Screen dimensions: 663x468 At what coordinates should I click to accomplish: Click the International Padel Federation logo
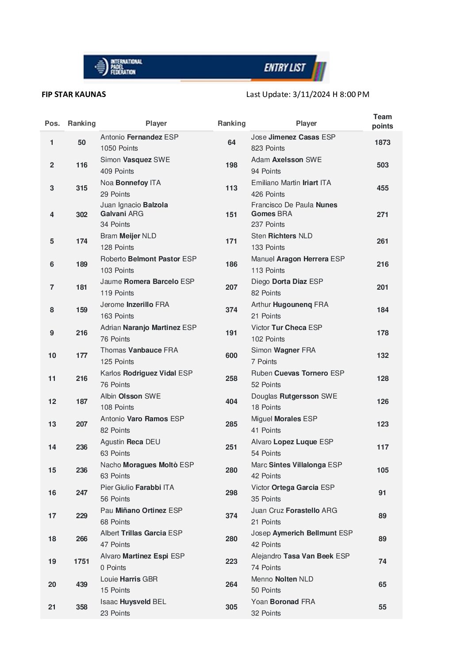(x=118, y=67)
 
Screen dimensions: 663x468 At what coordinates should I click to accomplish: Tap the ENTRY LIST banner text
(x=284, y=68)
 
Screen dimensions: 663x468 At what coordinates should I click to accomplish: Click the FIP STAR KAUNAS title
(x=74, y=94)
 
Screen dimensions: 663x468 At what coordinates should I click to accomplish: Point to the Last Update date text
(x=307, y=94)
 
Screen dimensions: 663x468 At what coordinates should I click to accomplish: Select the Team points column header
(x=382, y=121)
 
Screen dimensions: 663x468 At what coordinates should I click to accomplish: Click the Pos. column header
(x=52, y=124)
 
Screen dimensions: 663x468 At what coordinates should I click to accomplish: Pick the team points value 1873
(x=382, y=143)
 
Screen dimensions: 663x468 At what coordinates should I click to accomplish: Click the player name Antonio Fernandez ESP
(x=139, y=137)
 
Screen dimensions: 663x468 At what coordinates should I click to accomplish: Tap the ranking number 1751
(x=81, y=562)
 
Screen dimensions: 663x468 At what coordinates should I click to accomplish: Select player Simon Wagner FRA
(x=283, y=350)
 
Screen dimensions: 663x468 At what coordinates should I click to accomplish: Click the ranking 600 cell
(x=231, y=356)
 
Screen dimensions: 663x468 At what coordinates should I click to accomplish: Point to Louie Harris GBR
(x=129, y=579)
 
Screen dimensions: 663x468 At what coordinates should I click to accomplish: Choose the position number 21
(x=52, y=607)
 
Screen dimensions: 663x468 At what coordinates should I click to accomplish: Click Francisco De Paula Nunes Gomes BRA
(x=294, y=209)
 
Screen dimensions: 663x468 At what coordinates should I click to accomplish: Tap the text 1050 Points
(x=119, y=148)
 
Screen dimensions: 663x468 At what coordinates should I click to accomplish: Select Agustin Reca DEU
(x=130, y=442)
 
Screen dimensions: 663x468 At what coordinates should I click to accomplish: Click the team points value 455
(x=382, y=188)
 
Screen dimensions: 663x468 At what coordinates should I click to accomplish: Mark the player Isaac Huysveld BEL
(x=133, y=602)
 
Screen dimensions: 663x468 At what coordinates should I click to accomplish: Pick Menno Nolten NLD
(x=282, y=579)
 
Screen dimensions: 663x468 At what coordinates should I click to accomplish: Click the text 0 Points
(x=113, y=568)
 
